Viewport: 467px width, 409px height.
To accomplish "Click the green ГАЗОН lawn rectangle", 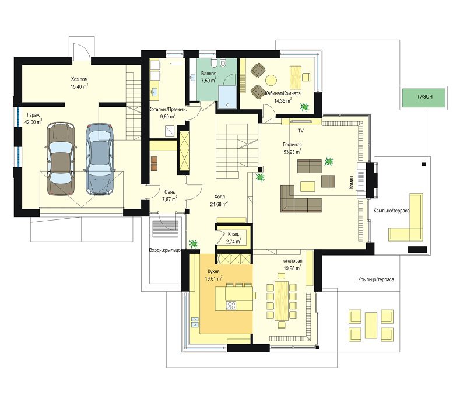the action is (x=424, y=97).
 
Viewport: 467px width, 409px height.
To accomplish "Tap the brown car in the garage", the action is (x=61, y=159).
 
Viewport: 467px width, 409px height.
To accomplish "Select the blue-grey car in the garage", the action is (x=100, y=159).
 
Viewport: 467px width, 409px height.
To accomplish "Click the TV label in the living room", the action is (x=301, y=131).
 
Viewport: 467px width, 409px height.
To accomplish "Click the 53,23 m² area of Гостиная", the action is (x=292, y=152).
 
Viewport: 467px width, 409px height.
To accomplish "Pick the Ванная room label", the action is (x=209, y=74).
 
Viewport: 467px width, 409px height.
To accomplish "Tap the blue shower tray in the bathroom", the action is (x=228, y=97).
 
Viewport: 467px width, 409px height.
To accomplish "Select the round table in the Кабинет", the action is (x=271, y=80).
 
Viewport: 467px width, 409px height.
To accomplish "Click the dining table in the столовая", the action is (x=282, y=300).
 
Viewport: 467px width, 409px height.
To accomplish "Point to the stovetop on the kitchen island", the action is (x=231, y=306).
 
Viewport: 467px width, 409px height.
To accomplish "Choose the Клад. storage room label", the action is (x=233, y=235).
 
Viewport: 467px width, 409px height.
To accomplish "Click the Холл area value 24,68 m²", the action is (x=219, y=204).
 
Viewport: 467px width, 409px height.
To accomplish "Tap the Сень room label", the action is (x=170, y=192).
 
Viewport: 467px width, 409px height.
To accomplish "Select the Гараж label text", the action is (x=33, y=115).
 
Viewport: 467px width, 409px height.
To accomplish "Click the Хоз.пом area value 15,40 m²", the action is (x=79, y=86).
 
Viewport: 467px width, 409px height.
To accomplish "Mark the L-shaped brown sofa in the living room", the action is (x=297, y=202).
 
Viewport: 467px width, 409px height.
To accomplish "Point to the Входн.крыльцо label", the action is (x=164, y=250).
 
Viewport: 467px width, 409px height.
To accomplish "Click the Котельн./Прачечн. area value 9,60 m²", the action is (x=168, y=116).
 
